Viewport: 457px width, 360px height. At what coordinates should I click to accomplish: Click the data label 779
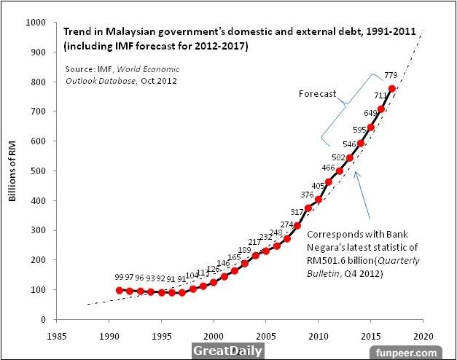coord(392,74)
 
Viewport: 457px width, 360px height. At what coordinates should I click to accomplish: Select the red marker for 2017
coord(393,89)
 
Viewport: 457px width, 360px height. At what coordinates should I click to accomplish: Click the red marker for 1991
coord(120,290)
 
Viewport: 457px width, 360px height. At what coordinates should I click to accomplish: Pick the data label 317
coord(296,211)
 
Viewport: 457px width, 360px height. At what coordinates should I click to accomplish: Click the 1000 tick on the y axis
coord(34,23)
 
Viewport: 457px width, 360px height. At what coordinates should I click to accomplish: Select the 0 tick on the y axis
coord(43,320)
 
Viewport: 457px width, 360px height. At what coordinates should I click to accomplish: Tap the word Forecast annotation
coord(318,94)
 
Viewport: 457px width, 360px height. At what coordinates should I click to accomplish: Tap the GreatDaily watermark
coord(227,351)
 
